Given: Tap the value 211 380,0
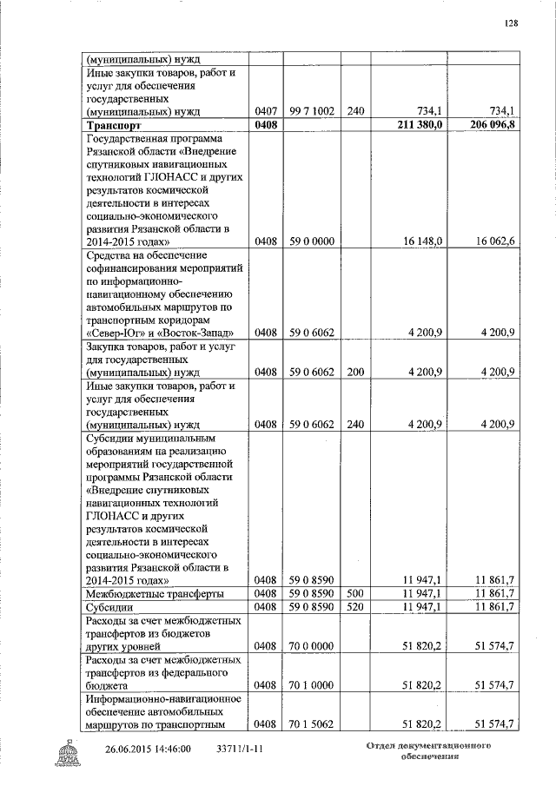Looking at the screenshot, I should (420, 125).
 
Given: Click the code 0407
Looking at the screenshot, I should (266, 111).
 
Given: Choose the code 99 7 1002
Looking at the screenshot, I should (312, 111).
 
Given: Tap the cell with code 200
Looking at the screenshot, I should (354, 372).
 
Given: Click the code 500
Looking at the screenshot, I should (354, 593).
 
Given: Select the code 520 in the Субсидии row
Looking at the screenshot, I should (354, 606).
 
